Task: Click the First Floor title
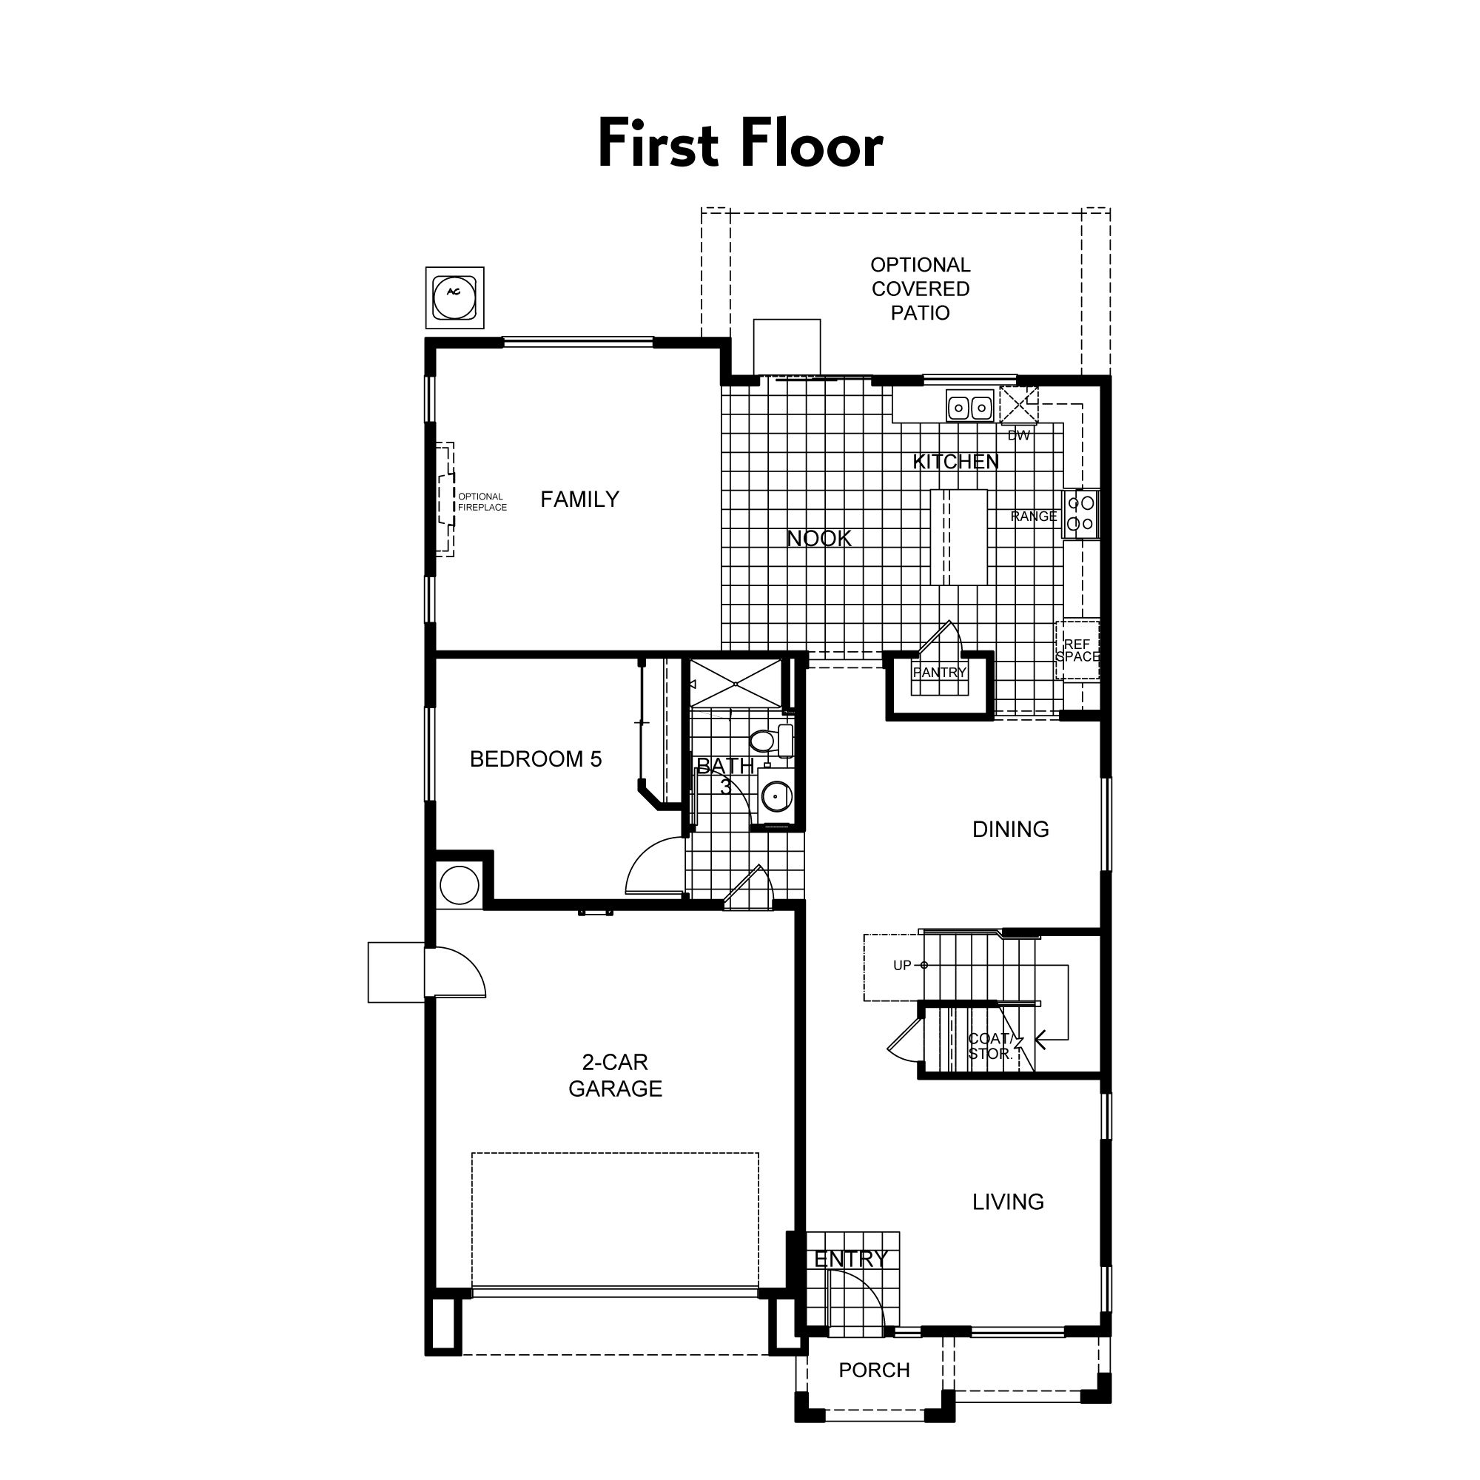pyautogui.click(x=740, y=144)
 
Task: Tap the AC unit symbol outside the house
pyautogui.click(x=454, y=297)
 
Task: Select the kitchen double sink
pyautogui.click(x=970, y=407)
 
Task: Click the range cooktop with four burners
pyautogui.click(x=1080, y=514)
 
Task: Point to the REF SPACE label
pyautogui.click(x=1077, y=650)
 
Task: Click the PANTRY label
pyautogui.click(x=939, y=673)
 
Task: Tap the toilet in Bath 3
pyautogui.click(x=770, y=740)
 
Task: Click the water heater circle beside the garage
pyautogui.click(x=460, y=885)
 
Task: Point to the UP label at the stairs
pyautogui.click(x=902, y=965)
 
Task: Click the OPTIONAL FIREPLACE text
pyautogui.click(x=482, y=502)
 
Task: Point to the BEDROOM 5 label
pyautogui.click(x=536, y=759)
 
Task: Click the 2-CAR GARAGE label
pyautogui.click(x=615, y=1075)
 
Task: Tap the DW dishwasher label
pyautogui.click(x=1019, y=435)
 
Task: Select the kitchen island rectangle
pyautogui.click(x=959, y=538)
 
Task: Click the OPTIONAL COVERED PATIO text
pyautogui.click(x=920, y=289)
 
